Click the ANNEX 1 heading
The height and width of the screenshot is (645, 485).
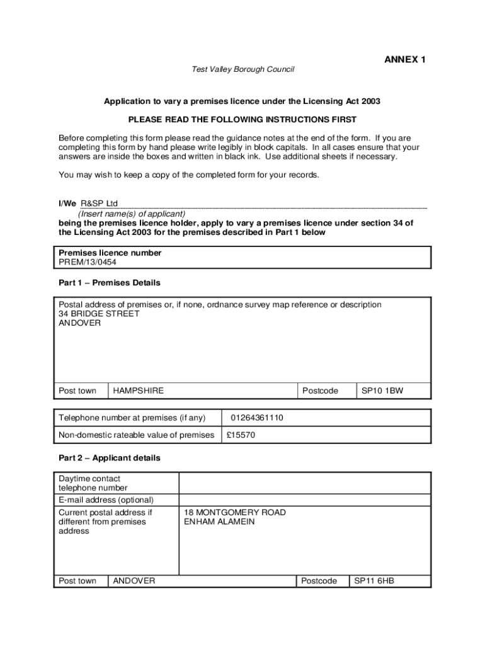405,60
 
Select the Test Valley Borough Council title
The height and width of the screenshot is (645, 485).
243,69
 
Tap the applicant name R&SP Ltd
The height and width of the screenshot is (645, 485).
99,203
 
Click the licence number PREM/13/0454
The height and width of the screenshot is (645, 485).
88,262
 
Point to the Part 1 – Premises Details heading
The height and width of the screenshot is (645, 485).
110,283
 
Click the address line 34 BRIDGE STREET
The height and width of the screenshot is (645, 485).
99,314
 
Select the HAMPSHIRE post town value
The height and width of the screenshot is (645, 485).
138,391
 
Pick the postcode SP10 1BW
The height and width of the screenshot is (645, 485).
382,391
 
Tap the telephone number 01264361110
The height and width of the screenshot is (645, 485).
257,418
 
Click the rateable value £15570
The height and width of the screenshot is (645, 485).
241,435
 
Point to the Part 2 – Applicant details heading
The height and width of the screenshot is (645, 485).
110,458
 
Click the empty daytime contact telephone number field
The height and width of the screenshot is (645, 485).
305,483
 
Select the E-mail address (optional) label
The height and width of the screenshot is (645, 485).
106,500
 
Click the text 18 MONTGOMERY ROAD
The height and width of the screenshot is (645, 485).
235,513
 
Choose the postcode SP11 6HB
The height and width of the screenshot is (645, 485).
374,581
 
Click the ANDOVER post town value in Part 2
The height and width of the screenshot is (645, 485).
134,581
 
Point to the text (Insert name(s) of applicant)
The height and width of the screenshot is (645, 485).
132,214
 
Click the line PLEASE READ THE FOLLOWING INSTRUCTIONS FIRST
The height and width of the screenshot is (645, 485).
243,120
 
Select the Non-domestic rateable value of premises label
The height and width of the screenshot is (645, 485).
136,435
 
